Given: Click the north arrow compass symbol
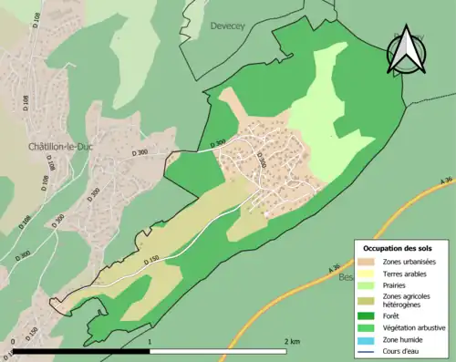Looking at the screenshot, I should [404, 52].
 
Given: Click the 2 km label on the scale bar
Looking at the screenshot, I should [291, 342].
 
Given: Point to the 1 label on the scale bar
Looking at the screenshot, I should [150, 342].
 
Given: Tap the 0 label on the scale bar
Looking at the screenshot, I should [13, 342].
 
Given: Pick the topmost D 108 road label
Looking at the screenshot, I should [37, 20].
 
